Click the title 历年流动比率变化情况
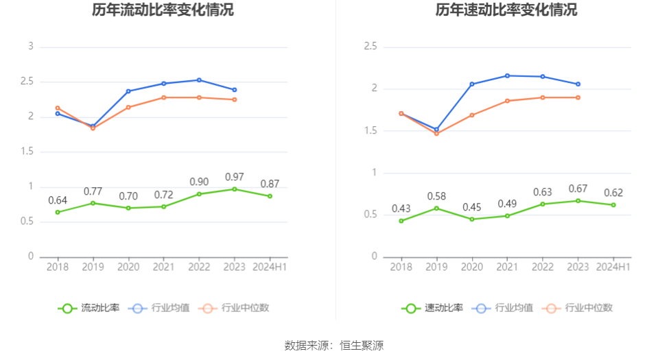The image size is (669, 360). coord(163,10)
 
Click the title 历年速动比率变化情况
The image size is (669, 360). coord(506,10)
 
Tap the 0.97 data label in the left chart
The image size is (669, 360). coord(235,178)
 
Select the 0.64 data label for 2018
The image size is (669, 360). coord(58,201)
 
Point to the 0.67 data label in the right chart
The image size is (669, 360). coord(578,189)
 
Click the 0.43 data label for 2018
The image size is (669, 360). coord(401,209)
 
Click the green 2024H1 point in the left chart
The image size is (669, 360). coord(270,196)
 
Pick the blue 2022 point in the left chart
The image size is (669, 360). coord(199,80)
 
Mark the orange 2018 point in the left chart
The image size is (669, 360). coord(58,108)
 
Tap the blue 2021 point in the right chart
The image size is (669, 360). coord(507,75)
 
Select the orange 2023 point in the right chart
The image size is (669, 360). coord(578,97)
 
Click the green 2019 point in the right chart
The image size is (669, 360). coord(436,208)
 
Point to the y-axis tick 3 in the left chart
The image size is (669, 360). coord(31,47)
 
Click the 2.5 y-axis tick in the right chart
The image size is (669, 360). coord(371,47)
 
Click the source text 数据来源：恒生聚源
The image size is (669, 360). coord(334,346)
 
